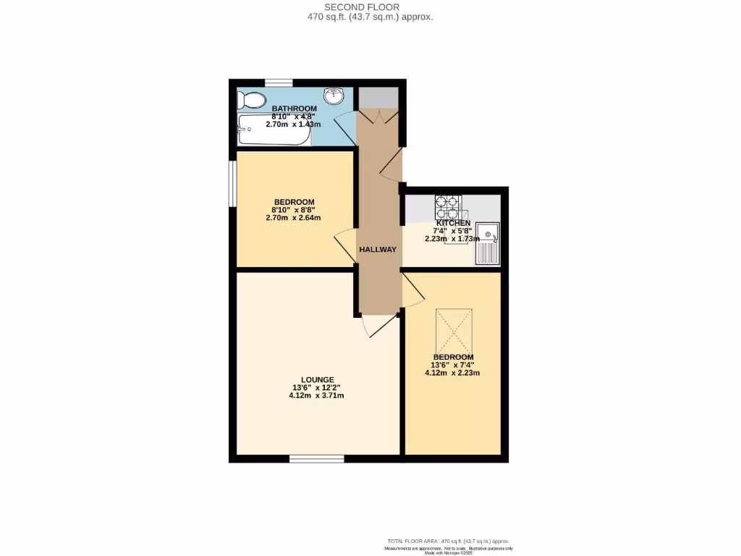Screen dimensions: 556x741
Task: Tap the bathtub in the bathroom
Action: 274,130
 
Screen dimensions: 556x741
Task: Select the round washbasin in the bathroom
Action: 334,96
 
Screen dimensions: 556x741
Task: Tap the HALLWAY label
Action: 378,250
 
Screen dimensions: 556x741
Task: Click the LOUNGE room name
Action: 318,379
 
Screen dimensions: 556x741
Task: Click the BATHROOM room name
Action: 294,109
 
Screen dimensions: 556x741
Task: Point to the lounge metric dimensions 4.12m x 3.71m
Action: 316,396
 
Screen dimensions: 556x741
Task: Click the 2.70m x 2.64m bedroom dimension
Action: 293,217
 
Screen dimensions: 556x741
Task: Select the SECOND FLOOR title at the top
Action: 370,7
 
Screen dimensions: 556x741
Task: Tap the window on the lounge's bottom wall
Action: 316,458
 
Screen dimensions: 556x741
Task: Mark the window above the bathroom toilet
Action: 279,83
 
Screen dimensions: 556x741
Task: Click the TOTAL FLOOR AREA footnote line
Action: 449,541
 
